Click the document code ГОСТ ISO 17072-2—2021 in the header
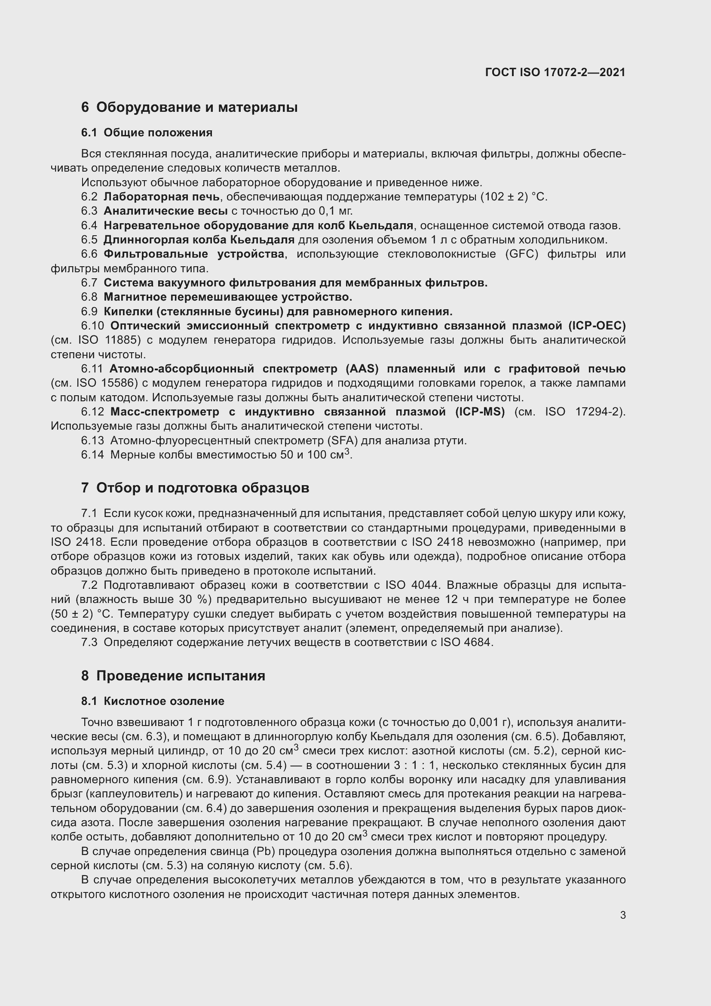tap(555, 72)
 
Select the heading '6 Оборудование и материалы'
tap(189, 107)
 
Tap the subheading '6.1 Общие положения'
tap(147, 132)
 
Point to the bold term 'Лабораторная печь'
tap(162, 197)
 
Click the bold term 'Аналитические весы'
tap(165, 211)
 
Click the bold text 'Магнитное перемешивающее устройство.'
tap(228, 297)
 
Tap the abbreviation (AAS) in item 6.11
tap(362, 369)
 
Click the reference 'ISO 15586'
tap(107, 383)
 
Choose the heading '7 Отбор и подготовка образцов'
tap(195, 488)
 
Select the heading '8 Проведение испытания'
tap(173, 676)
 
